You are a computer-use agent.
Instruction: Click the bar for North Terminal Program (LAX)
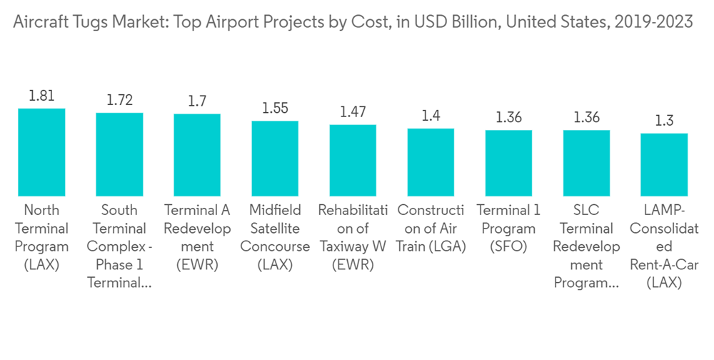click(41, 152)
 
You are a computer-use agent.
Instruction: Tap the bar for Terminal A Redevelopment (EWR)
click(197, 155)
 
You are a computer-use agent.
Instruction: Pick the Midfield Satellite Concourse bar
click(275, 159)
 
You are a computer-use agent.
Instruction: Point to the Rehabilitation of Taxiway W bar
click(353, 161)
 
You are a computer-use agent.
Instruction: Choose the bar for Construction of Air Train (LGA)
click(431, 162)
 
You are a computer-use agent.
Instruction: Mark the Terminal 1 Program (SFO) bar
click(508, 163)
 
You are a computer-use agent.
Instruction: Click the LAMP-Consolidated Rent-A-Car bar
click(664, 165)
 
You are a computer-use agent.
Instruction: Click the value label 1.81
click(41, 96)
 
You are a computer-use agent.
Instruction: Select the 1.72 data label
click(119, 100)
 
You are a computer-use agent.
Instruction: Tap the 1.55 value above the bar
click(275, 109)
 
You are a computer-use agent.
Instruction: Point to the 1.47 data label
click(353, 112)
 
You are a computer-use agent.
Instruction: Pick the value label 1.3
click(664, 120)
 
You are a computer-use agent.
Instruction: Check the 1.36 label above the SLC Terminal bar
click(586, 117)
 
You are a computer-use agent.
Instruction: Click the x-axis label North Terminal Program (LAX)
click(41, 238)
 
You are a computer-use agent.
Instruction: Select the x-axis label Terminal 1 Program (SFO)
click(508, 229)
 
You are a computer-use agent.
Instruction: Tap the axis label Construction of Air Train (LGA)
click(431, 229)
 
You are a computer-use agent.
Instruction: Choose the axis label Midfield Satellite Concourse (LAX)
click(275, 238)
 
